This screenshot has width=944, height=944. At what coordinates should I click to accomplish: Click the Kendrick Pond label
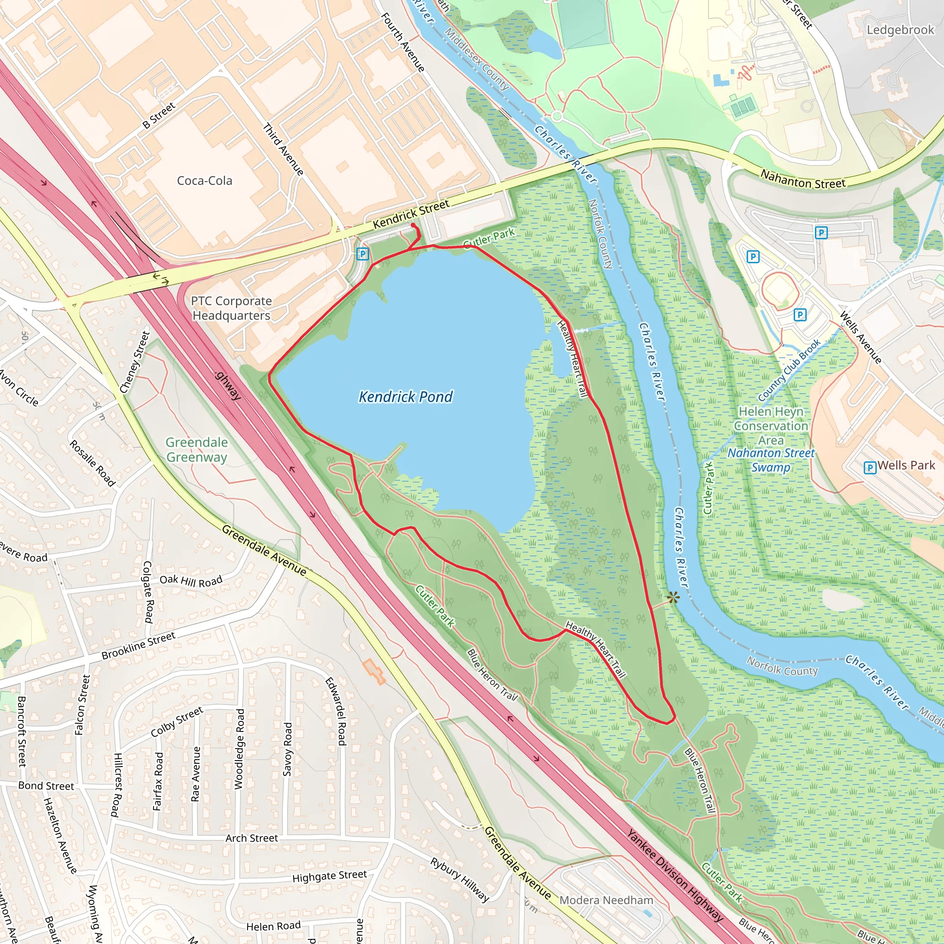click(406, 397)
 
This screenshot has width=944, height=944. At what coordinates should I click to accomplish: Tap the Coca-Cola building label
click(204, 181)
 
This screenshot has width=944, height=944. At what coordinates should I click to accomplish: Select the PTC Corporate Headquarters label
click(231, 308)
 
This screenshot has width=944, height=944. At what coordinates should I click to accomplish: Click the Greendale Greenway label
click(196, 449)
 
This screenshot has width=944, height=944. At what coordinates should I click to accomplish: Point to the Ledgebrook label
click(900, 30)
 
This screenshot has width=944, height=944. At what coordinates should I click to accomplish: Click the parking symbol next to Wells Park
click(870, 467)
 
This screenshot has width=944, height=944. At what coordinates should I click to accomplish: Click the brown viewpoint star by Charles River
click(673, 597)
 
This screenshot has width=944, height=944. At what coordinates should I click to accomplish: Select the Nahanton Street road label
click(803, 180)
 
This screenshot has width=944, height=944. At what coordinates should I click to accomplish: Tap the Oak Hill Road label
click(191, 580)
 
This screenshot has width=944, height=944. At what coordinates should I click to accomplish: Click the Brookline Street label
click(138, 645)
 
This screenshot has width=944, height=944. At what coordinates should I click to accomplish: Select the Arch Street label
click(252, 838)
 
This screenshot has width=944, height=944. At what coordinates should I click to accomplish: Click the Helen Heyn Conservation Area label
click(771, 426)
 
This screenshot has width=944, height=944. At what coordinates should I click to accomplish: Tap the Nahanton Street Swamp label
click(771, 460)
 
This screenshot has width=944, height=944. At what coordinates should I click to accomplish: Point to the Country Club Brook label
click(789, 370)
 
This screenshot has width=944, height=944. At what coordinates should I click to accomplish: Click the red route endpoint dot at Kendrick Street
click(413, 225)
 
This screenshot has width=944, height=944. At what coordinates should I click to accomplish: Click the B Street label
click(159, 116)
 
